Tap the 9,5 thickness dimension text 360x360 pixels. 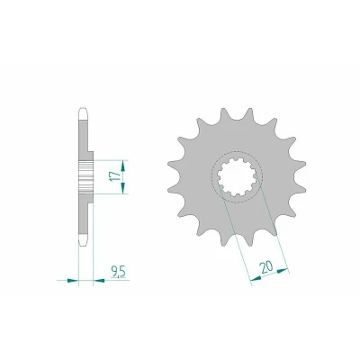(x=119, y=272)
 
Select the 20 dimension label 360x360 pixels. (x=266, y=266)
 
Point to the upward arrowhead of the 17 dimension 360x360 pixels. (x=123, y=166)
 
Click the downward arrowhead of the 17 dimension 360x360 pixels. (x=123, y=188)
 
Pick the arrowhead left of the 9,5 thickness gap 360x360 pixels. (x=73, y=281)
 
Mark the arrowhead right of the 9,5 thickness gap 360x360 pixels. (x=99, y=281)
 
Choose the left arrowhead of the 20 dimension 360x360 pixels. (x=256, y=279)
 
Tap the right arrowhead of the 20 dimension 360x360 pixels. (x=283, y=271)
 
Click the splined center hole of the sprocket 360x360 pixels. (x=237, y=177)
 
